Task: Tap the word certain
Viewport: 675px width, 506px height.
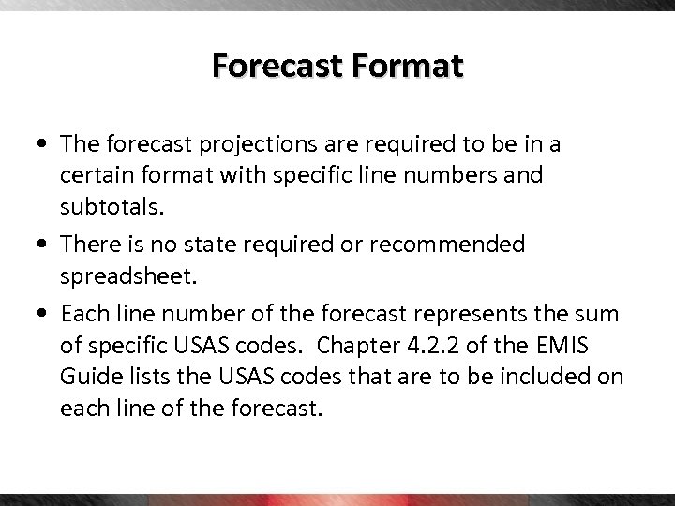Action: (x=95, y=175)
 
